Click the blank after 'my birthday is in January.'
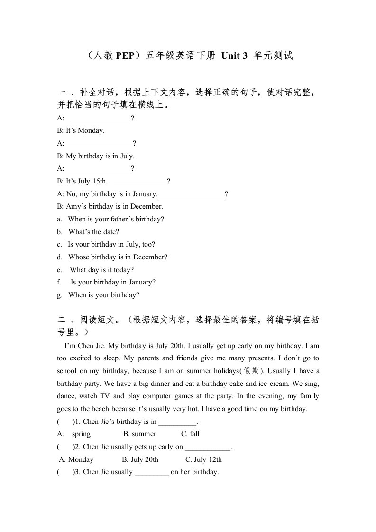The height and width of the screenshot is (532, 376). (x=192, y=194)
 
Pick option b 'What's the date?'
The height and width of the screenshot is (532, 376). (x=93, y=232)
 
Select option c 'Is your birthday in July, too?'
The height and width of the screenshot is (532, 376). (x=111, y=244)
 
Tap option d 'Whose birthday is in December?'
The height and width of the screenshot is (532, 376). (x=118, y=257)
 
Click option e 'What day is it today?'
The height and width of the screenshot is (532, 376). (x=101, y=270)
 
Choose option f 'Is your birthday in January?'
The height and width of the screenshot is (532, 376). (x=113, y=282)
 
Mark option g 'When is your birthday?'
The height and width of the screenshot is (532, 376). (x=104, y=295)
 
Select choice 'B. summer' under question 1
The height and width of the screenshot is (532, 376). (x=139, y=434)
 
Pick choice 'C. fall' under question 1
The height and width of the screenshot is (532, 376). (x=190, y=434)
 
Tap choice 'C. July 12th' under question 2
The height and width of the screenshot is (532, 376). (x=203, y=459)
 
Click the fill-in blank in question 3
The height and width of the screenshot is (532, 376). (x=152, y=472)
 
